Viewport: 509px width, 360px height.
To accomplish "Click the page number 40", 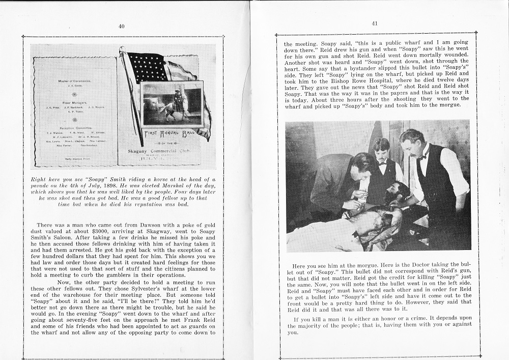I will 121,26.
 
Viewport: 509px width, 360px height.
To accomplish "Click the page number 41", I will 375,23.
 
